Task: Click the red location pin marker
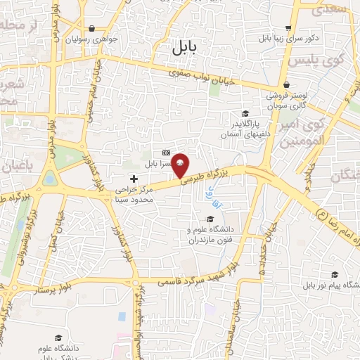tap(180, 165)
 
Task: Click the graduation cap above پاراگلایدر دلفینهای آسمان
tap(245, 114)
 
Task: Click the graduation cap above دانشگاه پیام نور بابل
tap(335, 274)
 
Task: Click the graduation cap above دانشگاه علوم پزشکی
tap(58, 339)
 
